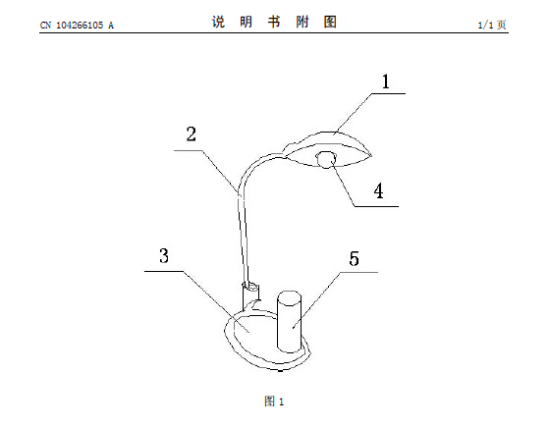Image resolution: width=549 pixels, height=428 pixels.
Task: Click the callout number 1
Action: coord(386,81)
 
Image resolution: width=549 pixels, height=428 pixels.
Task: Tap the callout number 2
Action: coord(192,134)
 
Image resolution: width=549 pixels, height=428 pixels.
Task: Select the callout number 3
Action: coord(164,255)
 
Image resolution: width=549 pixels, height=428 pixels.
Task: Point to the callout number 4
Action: coord(378,191)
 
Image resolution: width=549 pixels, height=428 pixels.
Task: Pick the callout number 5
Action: coord(354,258)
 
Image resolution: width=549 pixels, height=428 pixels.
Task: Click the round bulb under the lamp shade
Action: coord(326,160)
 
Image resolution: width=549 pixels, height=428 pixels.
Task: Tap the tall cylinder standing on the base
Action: coord(289,321)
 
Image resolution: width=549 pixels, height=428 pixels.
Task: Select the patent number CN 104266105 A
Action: coord(77,26)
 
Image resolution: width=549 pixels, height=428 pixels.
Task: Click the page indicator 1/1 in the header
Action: coord(486,25)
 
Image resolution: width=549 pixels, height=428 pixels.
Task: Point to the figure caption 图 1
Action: coord(274,401)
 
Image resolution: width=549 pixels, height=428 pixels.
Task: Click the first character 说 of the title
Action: coord(218,22)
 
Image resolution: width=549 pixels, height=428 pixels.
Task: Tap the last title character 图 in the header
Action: coord(330,22)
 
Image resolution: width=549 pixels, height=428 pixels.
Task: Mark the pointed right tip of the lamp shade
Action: coord(371,154)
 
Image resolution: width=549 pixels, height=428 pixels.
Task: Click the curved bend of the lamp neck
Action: coord(253,167)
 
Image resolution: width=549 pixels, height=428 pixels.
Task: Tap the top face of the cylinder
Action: coord(289,297)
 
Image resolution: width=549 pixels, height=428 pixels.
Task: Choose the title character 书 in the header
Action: coord(274,22)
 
